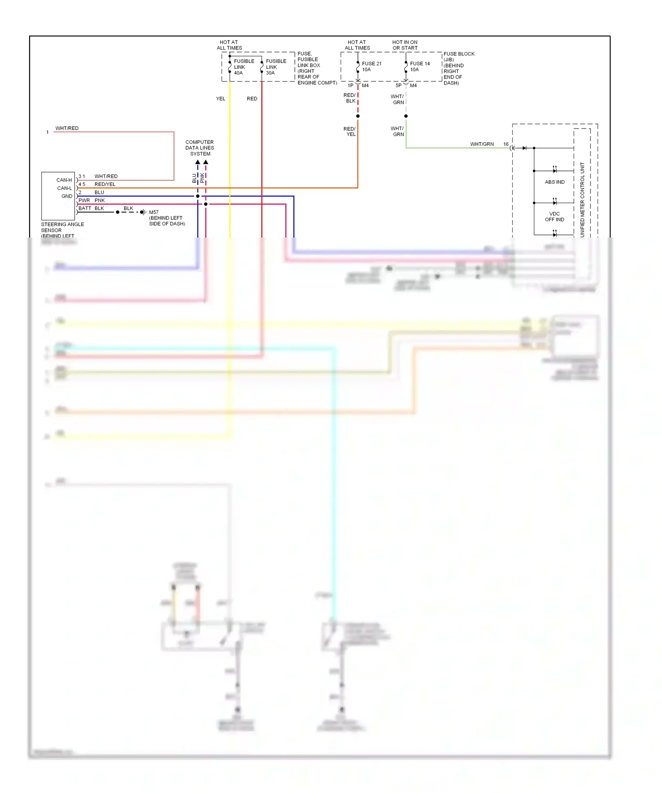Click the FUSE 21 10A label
coord(372,67)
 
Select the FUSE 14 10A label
coord(419,67)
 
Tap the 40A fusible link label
coord(244,67)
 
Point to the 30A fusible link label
coord(276,67)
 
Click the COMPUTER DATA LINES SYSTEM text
coord(199,148)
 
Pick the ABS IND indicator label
coord(554,182)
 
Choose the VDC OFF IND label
coord(554,217)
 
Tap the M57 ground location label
coord(166,218)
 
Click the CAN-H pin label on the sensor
coord(64,180)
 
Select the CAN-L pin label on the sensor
coord(64,188)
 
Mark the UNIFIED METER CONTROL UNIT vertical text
coord(582,199)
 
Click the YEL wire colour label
coord(221,99)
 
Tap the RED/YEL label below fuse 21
coord(350,132)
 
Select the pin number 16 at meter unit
coord(506,144)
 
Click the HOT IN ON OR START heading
coord(405,45)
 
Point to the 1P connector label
coord(350,86)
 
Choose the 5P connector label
coord(399,86)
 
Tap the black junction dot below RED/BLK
coord(358,116)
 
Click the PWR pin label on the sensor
coord(84,200)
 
